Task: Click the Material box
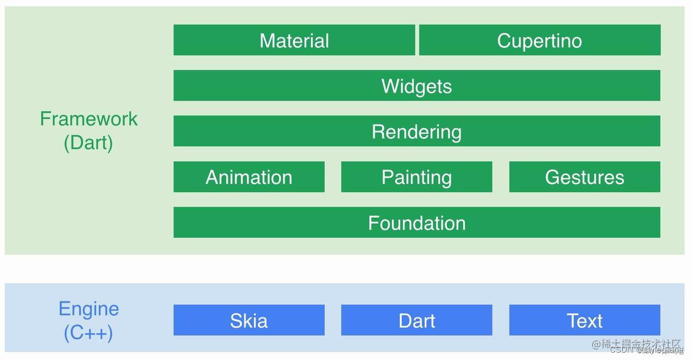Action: pos(294,40)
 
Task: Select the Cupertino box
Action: pos(540,40)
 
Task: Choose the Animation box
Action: pos(249,177)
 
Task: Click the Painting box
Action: pos(416,177)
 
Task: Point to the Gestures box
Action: pos(584,177)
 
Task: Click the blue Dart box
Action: pos(416,320)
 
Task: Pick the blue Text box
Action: pos(584,320)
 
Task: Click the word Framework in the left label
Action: pos(89,118)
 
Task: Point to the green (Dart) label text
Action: pos(88,142)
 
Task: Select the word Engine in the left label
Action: pos(89,308)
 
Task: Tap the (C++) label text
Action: pos(88,333)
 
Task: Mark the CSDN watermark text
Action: pos(622,351)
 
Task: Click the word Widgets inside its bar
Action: pos(416,86)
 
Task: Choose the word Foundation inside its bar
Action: pos(416,223)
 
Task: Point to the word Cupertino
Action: pos(540,40)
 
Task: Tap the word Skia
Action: pos(249,320)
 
